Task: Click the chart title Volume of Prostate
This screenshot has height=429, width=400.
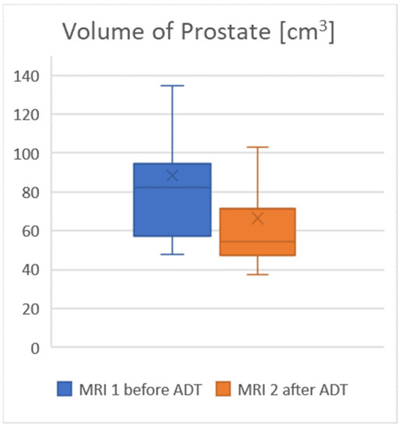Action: point(200,33)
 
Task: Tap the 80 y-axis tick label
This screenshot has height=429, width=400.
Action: point(30,193)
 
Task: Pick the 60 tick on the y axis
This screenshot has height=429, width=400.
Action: point(30,232)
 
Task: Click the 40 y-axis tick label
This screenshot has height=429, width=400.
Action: point(30,271)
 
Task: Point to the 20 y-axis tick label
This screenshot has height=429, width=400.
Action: point(30,310)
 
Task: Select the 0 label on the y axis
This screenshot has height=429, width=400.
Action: point(34,349)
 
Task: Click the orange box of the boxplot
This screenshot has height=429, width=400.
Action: point(257,242)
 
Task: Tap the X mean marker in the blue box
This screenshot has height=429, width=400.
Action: point(172,175)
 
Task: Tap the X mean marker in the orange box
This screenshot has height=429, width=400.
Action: point(257,218)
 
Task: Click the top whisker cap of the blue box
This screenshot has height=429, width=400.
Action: point(172,86)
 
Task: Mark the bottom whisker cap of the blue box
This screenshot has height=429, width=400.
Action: point(172,254)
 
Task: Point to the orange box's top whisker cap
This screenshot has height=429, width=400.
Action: point(257,147)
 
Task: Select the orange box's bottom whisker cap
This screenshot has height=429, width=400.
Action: point(257,275)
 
